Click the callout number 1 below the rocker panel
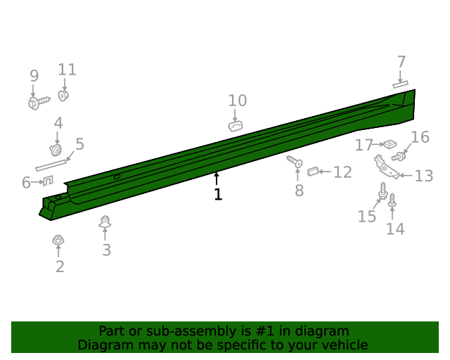tap(218, 194)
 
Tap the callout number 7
tap(401, 62)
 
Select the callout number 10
tap(238, 101)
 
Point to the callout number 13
tap(424, 176)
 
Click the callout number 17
tap(364, 145)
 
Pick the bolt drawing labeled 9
tap(39, 102)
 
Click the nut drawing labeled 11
tap(63, 96)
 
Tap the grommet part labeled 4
tap(56, 150)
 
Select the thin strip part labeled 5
tap(51, 165)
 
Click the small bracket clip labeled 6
tap(48, 181)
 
